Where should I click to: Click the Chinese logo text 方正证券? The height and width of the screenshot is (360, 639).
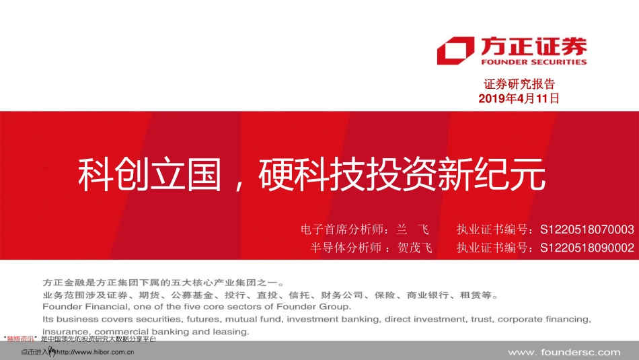(533, 46)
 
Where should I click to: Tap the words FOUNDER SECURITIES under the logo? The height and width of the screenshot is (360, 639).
(533, 62)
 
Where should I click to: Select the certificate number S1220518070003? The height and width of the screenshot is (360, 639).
(587, 229)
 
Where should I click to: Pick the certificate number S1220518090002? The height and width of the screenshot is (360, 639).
(587, 248)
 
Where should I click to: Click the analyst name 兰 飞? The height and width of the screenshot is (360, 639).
(412, 229)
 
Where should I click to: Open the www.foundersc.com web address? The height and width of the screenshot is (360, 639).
(564, 352)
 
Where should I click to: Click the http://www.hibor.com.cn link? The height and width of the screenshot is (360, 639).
(95, 352)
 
